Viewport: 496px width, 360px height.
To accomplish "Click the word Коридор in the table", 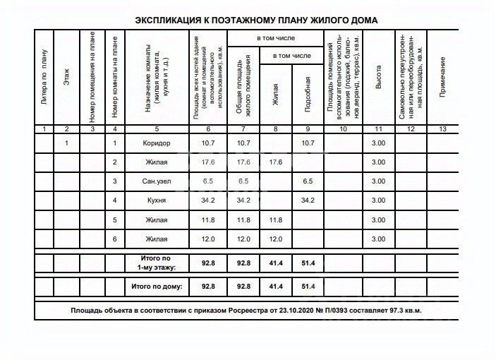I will tap(157, 143).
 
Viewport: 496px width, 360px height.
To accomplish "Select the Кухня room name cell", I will tap(157, 201).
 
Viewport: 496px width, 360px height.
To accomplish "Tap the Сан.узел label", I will tap(157, 182).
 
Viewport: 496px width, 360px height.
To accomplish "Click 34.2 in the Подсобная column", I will tap(307, 201).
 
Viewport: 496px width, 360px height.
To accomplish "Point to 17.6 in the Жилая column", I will tap(275, 162).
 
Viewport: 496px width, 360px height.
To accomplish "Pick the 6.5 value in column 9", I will tap(307, 182).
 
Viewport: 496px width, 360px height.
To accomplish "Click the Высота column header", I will tap(379, 83).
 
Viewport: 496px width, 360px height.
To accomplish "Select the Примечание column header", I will tap(442, 78).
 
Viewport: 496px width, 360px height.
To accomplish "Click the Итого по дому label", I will tap(157, 287).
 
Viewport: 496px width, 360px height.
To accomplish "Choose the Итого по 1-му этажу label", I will tap(157, 263).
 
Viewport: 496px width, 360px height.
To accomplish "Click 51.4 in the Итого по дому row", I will tap(307, 287).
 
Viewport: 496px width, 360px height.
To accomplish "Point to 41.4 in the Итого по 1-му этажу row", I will tap(275, 263).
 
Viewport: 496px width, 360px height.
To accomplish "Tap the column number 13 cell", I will tap(442, 129).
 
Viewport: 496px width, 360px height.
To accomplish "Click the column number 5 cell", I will tap(157, 129).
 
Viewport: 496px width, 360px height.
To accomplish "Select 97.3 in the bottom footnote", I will tap(397, 310).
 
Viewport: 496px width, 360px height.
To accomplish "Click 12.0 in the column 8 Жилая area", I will tap(275, 239).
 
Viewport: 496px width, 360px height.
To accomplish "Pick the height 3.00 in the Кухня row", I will tap(379, 201).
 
